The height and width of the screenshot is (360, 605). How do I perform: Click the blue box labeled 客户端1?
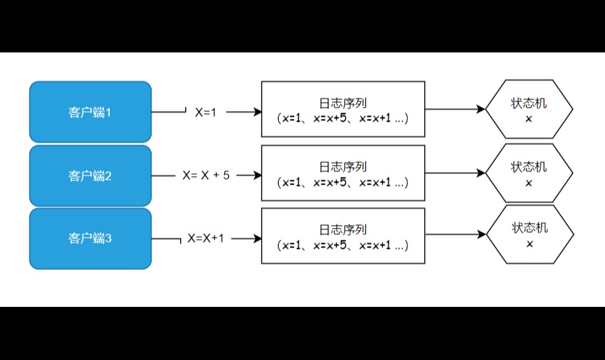[x=90, y=112]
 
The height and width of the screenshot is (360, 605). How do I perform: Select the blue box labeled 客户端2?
[x=90, y=175]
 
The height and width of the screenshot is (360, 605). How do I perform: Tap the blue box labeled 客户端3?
[x=90, y=238]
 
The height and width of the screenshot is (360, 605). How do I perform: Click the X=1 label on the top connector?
[x=205, y=113]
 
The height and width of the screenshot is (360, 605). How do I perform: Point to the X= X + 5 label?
[x=206, y=175]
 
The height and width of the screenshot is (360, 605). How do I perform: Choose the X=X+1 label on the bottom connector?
[x=205, y=238]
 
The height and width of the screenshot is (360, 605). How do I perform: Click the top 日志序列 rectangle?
[x=343, y=109]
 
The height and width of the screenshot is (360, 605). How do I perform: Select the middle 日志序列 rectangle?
[x=343, y=173]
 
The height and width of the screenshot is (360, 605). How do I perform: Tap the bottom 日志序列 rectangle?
[x=343, y=236]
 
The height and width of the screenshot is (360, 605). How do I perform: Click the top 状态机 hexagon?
[x=529, y=109]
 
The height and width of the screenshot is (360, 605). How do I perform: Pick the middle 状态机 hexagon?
[x=529, y=173]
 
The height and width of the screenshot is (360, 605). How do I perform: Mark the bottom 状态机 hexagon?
[x=530, y=234]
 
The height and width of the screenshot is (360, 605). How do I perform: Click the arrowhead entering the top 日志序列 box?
[x=257, y=112]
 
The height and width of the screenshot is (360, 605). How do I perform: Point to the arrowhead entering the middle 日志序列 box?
[x=257, y=175]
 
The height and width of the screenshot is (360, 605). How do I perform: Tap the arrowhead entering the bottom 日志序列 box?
[x=257, y=238]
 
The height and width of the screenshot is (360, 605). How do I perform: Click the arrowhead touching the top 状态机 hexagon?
[x=481, y=109]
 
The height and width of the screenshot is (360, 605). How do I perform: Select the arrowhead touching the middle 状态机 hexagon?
[x=481, y=173]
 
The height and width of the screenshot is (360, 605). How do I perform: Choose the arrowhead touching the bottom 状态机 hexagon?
[x=482, y=234]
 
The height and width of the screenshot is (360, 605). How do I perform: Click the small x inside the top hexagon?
[x=529, y=119]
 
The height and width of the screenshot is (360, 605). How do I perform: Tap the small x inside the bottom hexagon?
[x=530, y=244]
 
